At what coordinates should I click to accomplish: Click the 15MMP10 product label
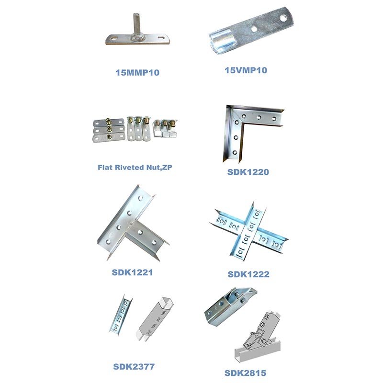click(137, 73)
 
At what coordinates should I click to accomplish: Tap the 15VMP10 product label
click(246, 70)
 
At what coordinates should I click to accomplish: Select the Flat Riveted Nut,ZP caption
click(135, 167)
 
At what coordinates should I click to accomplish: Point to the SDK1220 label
click(248, 172)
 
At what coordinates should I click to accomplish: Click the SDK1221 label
click(132, 272)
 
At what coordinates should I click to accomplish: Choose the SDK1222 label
click(248, 274)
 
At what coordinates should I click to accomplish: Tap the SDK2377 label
click(134, 367)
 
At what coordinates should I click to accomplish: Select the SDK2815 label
click(245, 373)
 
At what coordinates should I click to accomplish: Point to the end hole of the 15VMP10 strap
click(283, 18)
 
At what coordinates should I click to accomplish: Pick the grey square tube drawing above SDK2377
click(155, 318)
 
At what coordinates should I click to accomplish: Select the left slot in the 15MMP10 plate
click(114, 38)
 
